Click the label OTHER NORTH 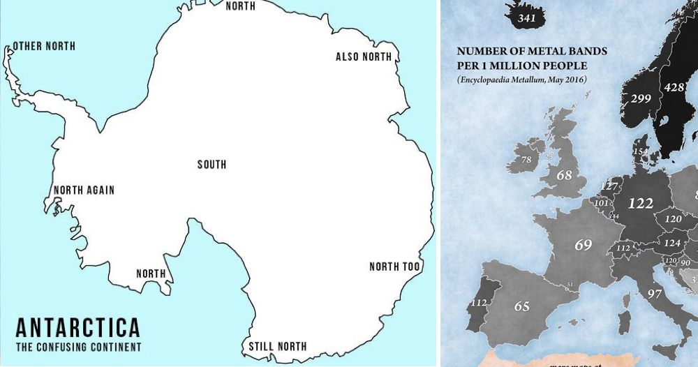(44, 47)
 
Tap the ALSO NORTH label (364, 57)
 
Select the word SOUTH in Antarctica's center (211, 165)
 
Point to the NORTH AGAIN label (84, 190)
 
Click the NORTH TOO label (394, 267)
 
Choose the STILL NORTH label (278, 346)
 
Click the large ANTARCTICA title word (77, 328)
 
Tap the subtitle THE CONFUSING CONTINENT (78, 347)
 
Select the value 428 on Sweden (674, 87)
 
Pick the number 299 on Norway (640, 99)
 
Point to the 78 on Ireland (526, 160)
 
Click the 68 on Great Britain (564, 175)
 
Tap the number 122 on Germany (640, 203)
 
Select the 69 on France (584, 245)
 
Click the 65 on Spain (522, 306)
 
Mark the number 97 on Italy (655, 293)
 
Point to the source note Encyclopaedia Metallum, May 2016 (522, 81)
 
